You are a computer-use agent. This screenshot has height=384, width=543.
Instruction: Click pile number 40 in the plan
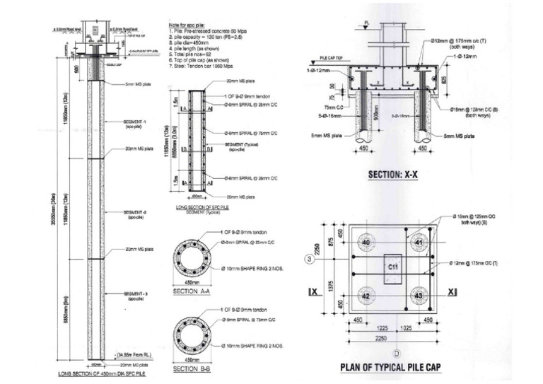point(366,243)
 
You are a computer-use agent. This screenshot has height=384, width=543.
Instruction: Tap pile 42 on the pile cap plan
point(366,296)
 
